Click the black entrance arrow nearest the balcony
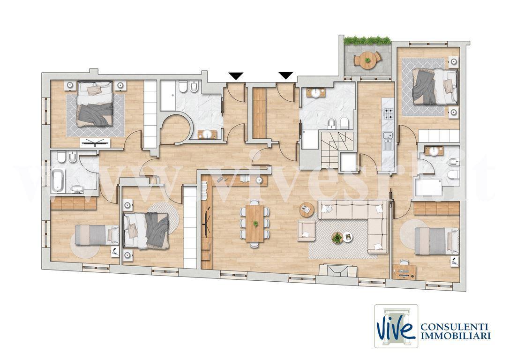click(286, 75)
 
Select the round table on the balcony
click(367, 60)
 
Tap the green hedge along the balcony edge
click(367, 40)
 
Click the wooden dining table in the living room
click(255, 224)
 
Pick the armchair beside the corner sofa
click(307, 230)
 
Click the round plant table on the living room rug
click(337, 238)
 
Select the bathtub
click(59, 180)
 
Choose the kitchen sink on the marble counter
click(388, 140)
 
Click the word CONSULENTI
click(455, 327)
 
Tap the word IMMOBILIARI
click(456, 336)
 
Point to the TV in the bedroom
click(95, 142)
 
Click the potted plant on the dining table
click(255, 224)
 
